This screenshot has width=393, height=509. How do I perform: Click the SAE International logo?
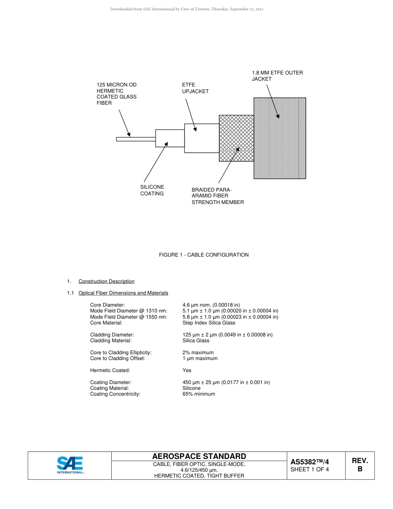[70, 465]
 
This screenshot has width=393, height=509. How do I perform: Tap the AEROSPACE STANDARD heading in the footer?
[199, 456]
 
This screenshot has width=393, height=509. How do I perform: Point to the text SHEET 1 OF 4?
[309, 469]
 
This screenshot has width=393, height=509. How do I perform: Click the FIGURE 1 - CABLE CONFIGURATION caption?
[204, 255]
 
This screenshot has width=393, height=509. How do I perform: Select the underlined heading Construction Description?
[106, 281]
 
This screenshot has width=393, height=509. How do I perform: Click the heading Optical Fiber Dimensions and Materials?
[123, 293]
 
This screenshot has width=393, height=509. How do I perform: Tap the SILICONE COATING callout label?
[152, 190]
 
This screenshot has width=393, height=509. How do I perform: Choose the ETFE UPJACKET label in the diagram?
[195, 88]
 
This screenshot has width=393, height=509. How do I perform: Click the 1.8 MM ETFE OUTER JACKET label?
[277, 76]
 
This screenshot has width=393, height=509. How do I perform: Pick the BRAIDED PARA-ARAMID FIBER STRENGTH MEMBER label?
[217, 196]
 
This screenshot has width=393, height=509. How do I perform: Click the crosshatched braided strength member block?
[236, 138]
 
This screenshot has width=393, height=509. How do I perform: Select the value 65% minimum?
[199, 394]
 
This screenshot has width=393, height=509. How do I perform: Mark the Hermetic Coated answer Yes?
[187, 370]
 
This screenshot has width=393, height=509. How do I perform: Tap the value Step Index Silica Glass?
[208, 323]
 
